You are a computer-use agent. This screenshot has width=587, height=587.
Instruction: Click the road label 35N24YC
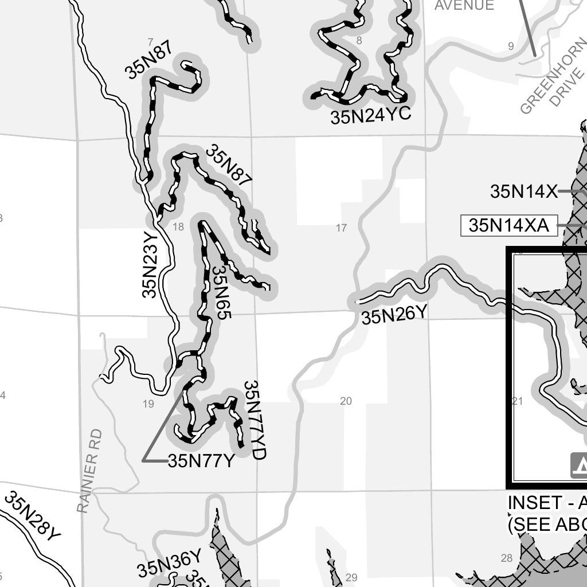click(370, 116)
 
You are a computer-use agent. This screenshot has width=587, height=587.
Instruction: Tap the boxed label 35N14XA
click(508, 226)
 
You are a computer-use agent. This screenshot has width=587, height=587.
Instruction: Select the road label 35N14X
click(523, 191)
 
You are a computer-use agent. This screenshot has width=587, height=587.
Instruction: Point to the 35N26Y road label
click(394, 315)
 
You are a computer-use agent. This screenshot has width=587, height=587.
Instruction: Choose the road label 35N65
click(220, 291)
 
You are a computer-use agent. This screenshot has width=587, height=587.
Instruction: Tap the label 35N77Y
click(201, 460)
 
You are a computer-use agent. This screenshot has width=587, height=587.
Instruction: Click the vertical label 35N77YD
click(255, 420)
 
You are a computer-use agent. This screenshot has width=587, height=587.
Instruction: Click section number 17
click(341, 228)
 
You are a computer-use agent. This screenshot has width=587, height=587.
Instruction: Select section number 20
click(346, 401)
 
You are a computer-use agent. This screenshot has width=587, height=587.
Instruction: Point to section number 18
click(178, 227)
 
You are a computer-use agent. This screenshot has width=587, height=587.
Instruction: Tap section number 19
click(148, 404)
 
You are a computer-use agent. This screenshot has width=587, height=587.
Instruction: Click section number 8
click(359, 40)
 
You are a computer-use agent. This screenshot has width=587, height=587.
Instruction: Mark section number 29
click(351, 577)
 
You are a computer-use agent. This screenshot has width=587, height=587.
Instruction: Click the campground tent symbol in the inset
click(580, 465)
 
